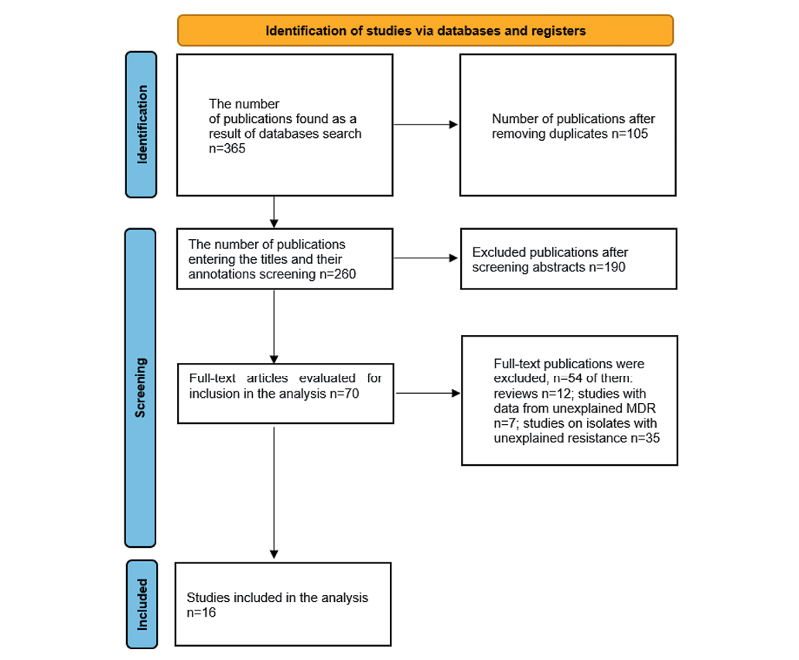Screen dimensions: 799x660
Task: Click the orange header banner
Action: [x=425, y=31]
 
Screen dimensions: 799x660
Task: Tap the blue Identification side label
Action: [x=141, y=125]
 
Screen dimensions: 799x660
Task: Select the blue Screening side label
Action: [x=140, y=388]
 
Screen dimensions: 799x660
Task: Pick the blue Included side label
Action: [x=142, y=604]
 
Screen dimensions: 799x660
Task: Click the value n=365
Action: [x=227, y=149]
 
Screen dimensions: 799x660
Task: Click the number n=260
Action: [x=338, y=274]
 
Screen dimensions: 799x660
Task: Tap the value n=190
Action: [x=607, y=267]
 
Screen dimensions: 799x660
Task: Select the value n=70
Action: [x=344, y=394]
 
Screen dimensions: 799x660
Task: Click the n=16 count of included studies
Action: [x=201, y=613]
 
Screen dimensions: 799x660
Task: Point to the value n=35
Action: [x=645, y=438]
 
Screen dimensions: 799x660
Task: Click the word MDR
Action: [x=640, y=409]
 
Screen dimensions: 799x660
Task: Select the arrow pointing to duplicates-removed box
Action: [x=425, y=125]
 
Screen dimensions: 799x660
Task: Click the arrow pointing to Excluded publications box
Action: [x=425, y=258]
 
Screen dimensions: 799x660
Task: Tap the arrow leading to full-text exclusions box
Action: [x=428, y=393]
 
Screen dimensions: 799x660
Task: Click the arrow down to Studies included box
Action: [x=274, y=493]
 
